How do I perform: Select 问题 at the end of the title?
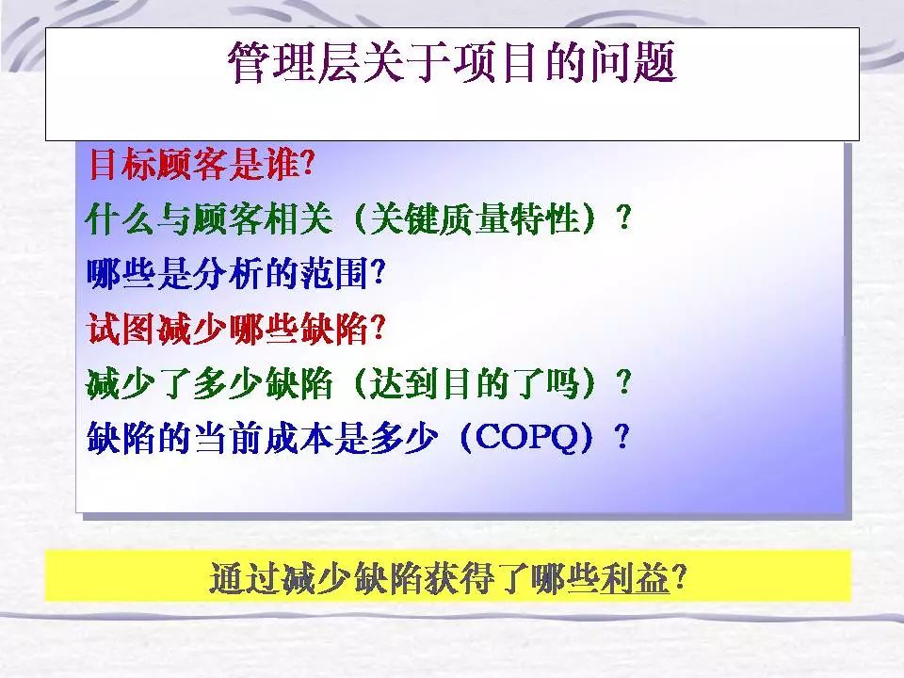[632, 63]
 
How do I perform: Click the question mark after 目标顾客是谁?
[309, 165]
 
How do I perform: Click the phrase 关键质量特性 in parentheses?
[475, 219]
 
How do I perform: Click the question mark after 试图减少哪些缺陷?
[378, 330]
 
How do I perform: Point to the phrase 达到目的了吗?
[474, 383]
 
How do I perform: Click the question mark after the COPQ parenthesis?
[621, 438]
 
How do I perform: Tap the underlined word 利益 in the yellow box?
[635, 577]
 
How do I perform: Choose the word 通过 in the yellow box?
[245, 577]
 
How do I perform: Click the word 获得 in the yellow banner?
[459, 577]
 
